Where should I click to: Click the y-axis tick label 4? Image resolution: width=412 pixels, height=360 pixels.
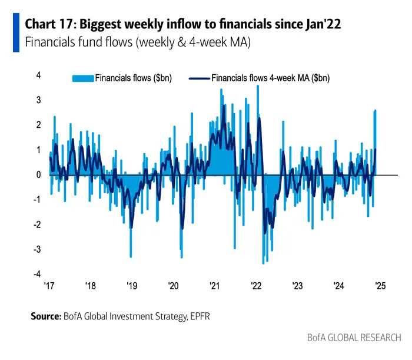[x=38, y=75]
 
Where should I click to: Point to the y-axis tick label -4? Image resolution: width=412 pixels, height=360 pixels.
[x=37, y=275]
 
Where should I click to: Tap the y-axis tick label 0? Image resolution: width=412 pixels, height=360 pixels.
[x=38, y=175]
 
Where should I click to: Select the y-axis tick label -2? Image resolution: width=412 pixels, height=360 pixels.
[x=37, y=225]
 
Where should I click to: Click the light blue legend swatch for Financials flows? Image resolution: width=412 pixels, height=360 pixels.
[x=82, y=78]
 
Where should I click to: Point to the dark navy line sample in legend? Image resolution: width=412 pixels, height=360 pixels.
[x=198, y=78]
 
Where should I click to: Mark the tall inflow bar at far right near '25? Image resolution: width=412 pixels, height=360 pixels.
[x=375, y=141]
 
